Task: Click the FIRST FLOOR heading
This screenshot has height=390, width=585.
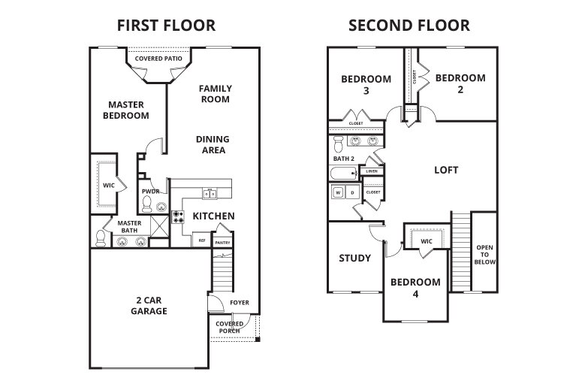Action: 166,26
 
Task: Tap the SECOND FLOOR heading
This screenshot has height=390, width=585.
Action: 409,26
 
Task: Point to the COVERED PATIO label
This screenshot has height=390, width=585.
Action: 158,59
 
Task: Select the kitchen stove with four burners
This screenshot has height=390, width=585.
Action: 179,217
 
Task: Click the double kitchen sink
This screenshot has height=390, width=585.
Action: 210,194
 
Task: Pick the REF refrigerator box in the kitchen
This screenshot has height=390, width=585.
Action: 201,240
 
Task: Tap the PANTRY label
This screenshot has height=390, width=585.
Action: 222,243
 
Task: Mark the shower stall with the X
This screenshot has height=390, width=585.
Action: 160,227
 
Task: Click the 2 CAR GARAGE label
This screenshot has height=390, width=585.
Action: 148,304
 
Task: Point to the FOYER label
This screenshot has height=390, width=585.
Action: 239,303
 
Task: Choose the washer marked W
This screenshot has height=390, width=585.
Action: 339,193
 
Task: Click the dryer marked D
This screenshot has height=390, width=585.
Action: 352,193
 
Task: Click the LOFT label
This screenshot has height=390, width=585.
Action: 446,170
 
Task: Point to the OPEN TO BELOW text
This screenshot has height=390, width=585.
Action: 484,256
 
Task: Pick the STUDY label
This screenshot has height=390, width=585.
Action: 354,258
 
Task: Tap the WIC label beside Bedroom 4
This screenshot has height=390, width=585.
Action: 426,241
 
